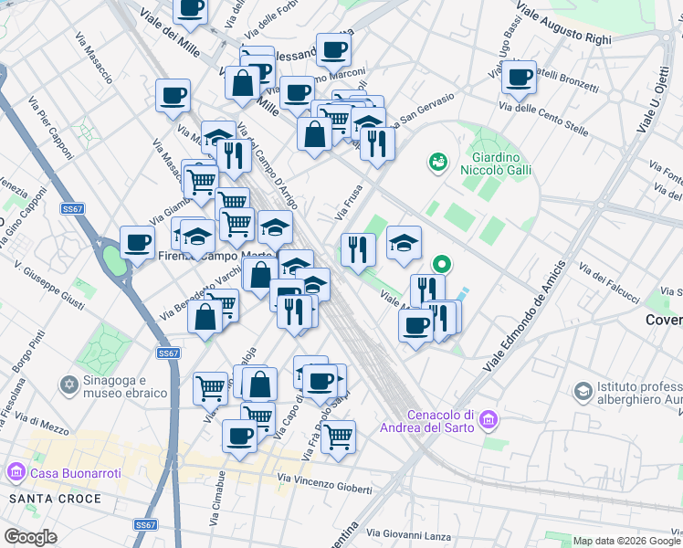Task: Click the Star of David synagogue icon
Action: pyautogui.click(x=68, y=385)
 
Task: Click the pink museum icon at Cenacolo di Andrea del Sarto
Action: pyautogui.click(x=489, y=421)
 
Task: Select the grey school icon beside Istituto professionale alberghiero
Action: pyautogui.click(x=582, y=392)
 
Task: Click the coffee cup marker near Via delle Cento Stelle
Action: pyautogui.click(x=520, y=79)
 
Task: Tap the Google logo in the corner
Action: pyautogui.click(x=31, y=537)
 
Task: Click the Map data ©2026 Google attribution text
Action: pyautogui.click(x=625, y=541)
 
